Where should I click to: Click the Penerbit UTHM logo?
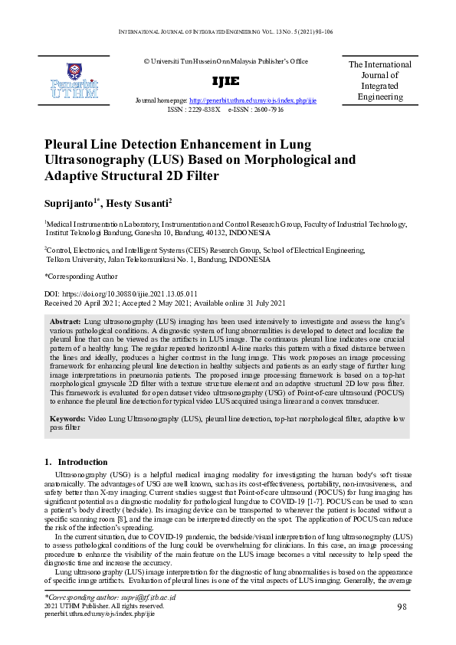point(74,81)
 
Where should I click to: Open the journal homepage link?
point(252,101)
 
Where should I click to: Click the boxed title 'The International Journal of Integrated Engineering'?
point(380,81)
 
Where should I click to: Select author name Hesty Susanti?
point(140,204)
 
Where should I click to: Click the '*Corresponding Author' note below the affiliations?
point(81,277)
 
